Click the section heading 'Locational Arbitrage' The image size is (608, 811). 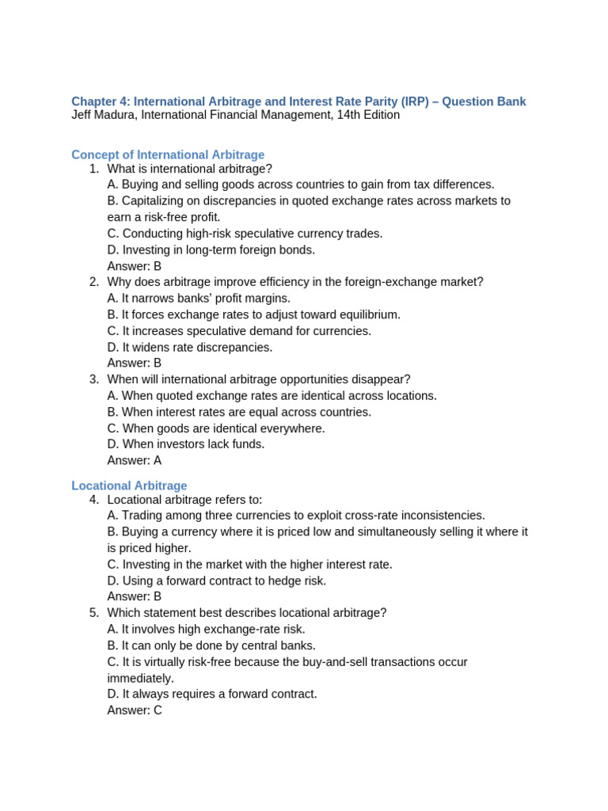click(x=129, y=485)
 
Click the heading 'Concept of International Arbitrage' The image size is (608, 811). click(x=168, y=154)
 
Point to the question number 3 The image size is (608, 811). click(x=93, y=379)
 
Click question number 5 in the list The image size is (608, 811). click(x=93, y=612)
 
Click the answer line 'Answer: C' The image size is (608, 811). click(x=135, y=710)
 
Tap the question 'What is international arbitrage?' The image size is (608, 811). click(x=189, y=169)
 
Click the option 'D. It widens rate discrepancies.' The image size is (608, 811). click(x=190, y=347)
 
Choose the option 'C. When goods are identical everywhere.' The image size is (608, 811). click(x=216, y=428)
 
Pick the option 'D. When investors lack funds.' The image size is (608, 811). click(x=186, y=444)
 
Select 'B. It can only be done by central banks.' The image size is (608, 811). click(x=211, y=645)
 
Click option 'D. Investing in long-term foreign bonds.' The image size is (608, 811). click(x=211, y=249)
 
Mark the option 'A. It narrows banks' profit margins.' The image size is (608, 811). click(x=199, y=298)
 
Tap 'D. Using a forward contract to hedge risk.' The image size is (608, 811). click(x=217, y=581)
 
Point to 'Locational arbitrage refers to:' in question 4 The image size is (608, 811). click(x=184, y=499)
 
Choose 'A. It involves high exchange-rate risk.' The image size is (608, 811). click(x=206, y=629)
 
